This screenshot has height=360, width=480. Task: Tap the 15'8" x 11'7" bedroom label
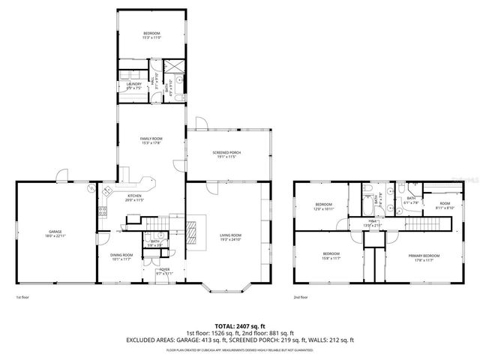[331, 256]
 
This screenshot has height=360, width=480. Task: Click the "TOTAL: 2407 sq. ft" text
[240, 326]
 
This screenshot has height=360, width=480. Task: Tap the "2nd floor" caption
[301, 297]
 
